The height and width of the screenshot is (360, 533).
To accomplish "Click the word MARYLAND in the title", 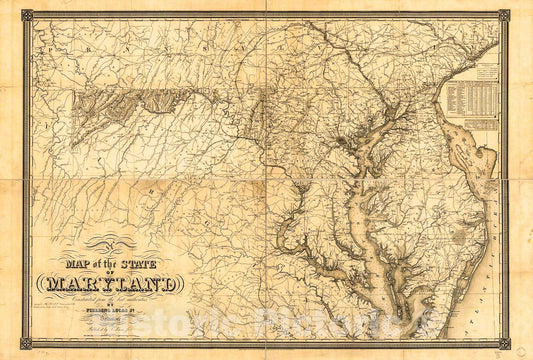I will (109, 284).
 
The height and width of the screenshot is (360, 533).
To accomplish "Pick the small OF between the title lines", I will (110, 272).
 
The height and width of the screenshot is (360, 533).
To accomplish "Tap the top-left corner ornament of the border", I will (27, 15).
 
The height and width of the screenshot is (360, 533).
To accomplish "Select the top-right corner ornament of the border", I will (504, 15).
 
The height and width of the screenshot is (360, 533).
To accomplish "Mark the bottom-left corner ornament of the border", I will (27, 343).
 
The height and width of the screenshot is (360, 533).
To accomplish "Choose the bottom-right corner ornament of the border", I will (504, 343).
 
